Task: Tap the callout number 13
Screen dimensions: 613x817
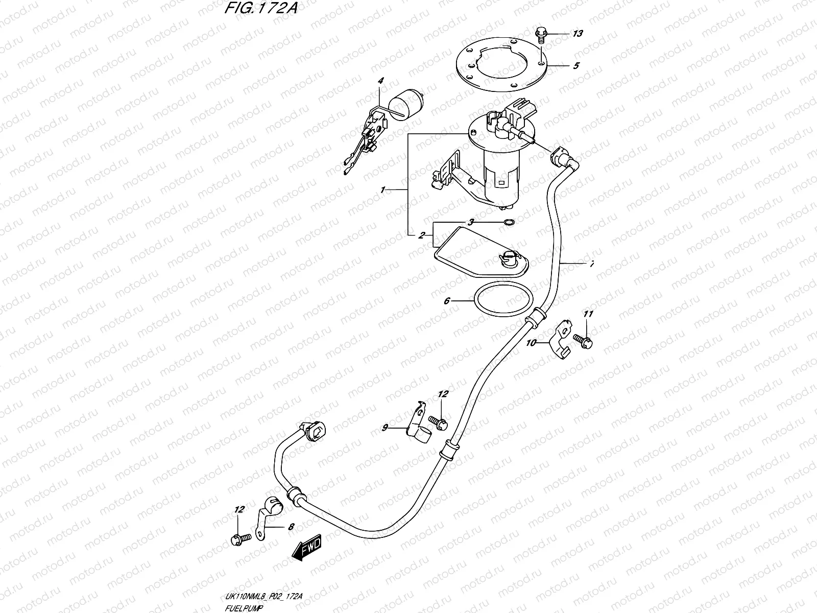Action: point(577,34)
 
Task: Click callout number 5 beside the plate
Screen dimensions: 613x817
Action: point(575,66)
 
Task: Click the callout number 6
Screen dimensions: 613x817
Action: point(446,301)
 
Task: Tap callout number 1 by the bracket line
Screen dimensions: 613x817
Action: point(382,190)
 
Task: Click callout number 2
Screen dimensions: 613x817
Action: point(422,235)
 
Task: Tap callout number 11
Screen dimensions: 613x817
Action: point(588,314)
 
